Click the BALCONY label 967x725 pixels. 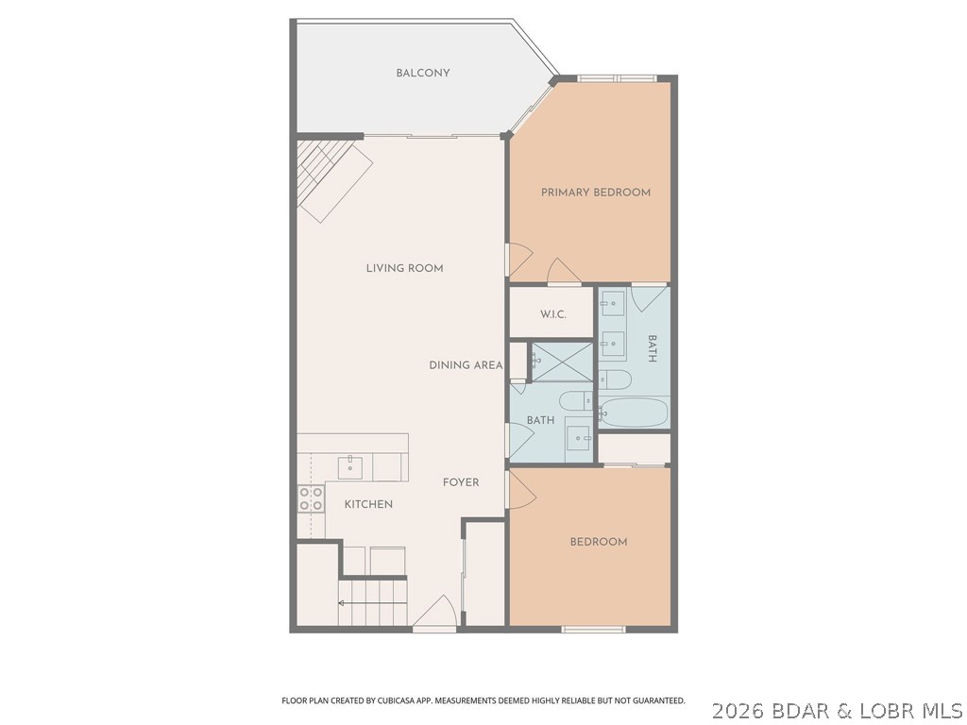coord(422,74)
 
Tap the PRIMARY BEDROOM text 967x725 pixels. coord(595,193)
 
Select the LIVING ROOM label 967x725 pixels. coord(404,268)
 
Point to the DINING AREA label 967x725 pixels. coord(465,365)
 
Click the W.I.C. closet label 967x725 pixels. coord(552,314)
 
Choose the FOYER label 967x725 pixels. coord(461,482)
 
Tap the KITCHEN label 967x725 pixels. coord(367,505)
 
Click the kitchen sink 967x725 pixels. coord(351,465)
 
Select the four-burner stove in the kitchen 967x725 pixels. coord(311,498)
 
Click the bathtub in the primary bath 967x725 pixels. coord(634,413)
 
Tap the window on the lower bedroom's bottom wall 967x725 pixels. coord(593,629)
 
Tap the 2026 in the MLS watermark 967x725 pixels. coord(737,709)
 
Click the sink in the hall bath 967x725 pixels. coord(577,435)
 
